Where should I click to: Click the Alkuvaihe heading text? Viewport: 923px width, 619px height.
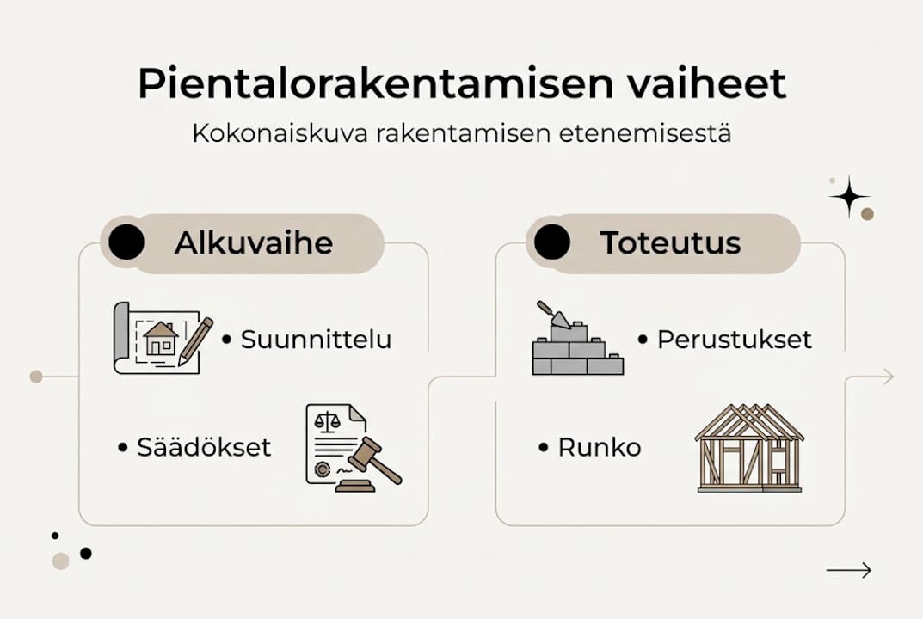(253, 243)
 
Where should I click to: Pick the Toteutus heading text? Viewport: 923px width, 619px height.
(670, 243)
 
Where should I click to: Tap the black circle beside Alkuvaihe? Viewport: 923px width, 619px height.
(126, 242)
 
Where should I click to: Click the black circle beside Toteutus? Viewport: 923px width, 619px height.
(551, 242)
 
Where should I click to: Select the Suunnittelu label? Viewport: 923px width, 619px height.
(316, 339)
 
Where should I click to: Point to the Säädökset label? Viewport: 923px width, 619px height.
(204, 447)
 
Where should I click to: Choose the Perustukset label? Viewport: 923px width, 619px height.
(734, 339)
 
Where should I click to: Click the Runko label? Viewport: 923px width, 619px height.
(599, 447)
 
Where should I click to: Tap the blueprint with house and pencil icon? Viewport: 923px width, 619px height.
(162, 337)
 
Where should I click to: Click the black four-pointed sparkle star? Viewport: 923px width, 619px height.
(849, 196)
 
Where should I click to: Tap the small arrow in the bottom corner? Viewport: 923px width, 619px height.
(848, 570)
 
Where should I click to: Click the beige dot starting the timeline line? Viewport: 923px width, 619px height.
(36, 377)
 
